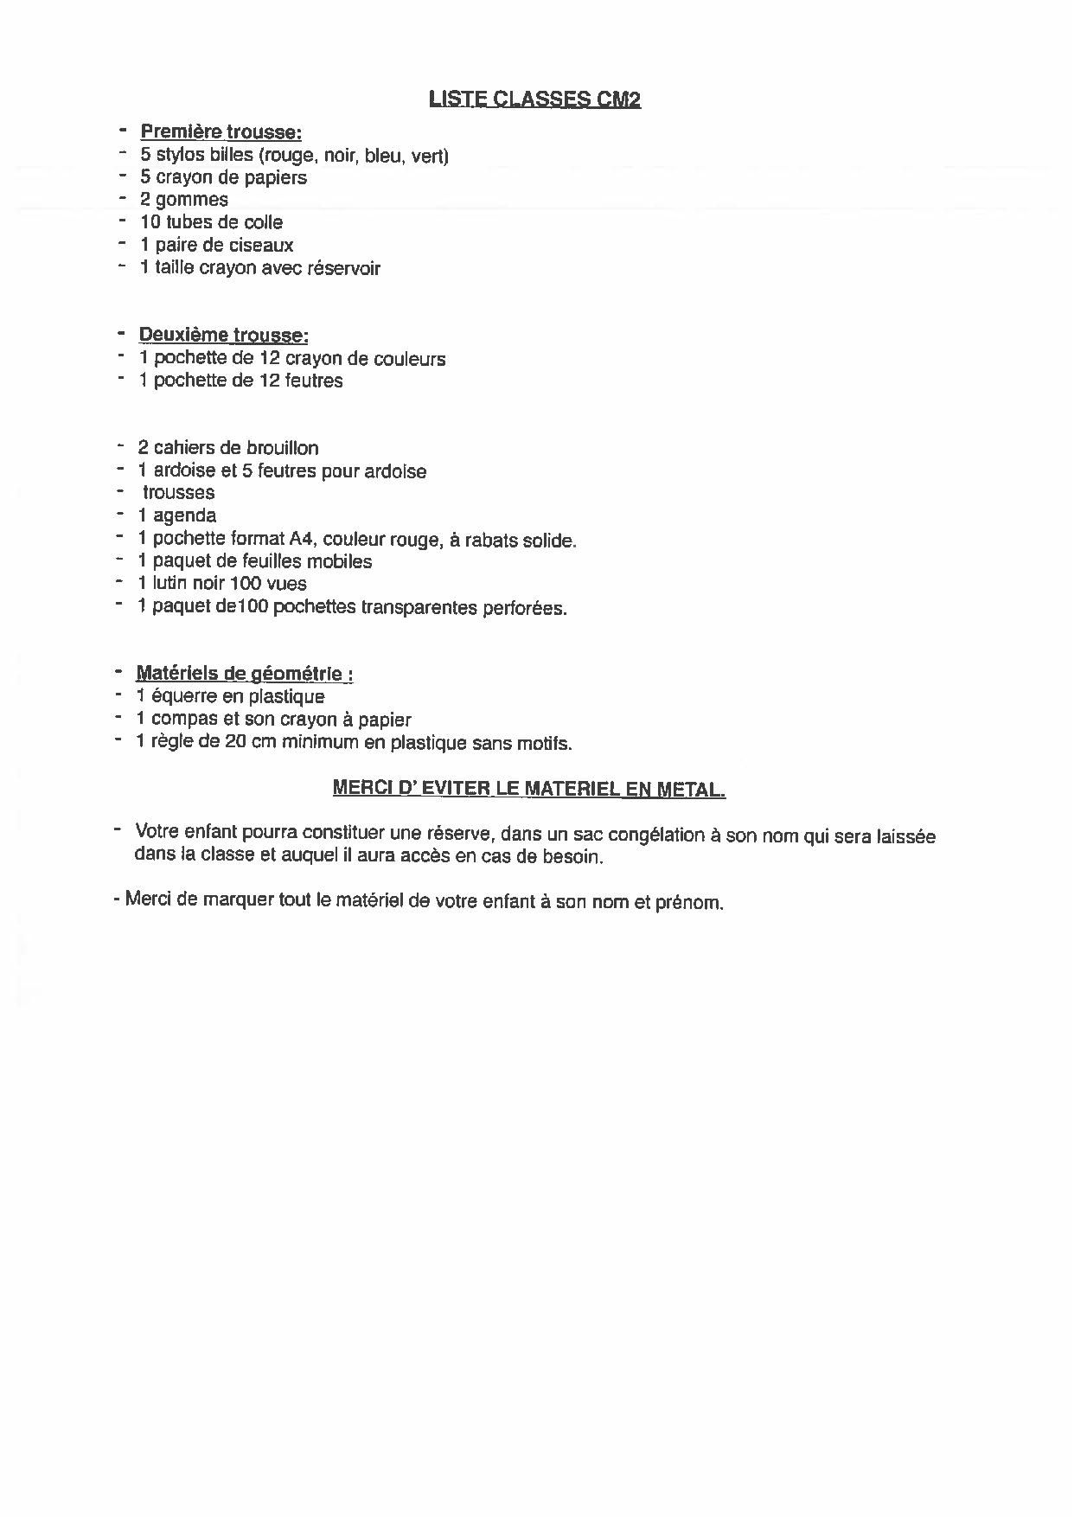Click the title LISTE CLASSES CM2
(534, 100)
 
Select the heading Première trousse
(221, 132)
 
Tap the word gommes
(192, 200)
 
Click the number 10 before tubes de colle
(150, 222)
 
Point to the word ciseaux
(261, 246)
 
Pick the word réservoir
(344, 268)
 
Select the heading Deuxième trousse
(223, 336)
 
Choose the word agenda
(184, 516)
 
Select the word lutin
(169, 584)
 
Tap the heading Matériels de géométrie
(244, 674)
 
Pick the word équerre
(185, 697)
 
